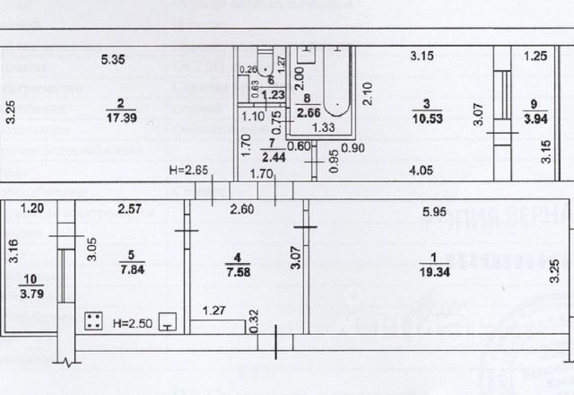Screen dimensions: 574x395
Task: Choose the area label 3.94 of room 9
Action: [x=535, y=118]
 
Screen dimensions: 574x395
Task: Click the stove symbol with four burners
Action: [x=92, y=320]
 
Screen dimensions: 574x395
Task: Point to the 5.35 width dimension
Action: [x=113, y=60]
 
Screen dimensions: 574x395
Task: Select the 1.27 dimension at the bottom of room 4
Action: [x=213, y=312]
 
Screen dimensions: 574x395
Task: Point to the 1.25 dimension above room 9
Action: [x=535, y=56]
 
